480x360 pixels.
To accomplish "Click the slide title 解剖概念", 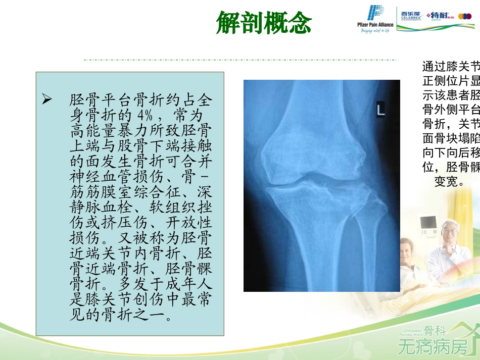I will pyautogui.click(x=264, y=23).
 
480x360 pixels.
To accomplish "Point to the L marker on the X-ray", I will pyautogui.click(x=380, y=110).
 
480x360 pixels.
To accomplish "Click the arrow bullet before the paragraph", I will pyautogui.click(x=47, y=99).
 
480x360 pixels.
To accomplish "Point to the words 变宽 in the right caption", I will pyautogui.click(x=449, y=182).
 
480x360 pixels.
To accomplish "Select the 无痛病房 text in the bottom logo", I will pyautogui.click(x=433, y=347).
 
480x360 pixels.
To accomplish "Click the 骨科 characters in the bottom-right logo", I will pyautogui.click(x=435, y=331).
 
